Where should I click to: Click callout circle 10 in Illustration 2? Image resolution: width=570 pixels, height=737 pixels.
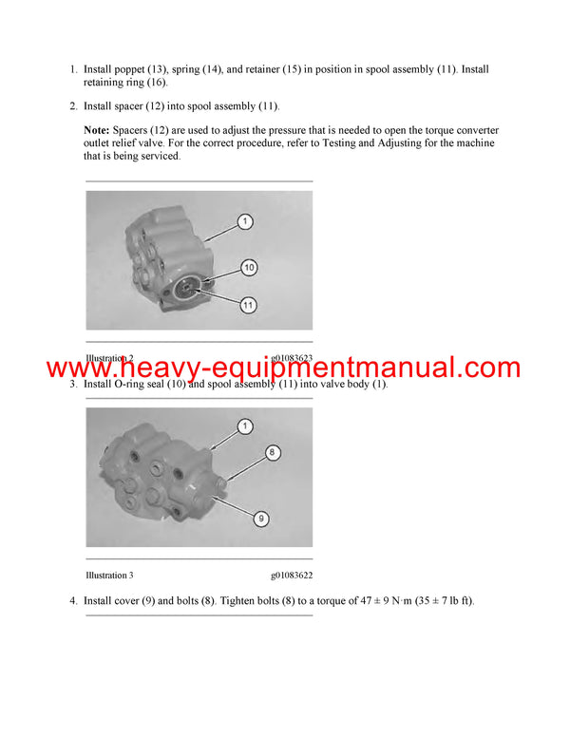248,267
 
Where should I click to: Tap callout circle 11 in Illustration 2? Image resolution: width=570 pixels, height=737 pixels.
248,305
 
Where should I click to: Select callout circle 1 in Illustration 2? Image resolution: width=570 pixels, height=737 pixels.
244,221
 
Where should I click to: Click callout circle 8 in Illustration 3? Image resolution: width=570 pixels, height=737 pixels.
272,453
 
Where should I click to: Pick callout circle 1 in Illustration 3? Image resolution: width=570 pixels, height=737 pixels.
244,426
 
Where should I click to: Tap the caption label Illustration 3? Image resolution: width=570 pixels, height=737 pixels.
109,576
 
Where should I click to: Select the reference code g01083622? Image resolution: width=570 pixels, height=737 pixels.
292,576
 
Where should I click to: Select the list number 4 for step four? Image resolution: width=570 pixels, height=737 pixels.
72,601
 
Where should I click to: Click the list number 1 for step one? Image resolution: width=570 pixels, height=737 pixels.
72,69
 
